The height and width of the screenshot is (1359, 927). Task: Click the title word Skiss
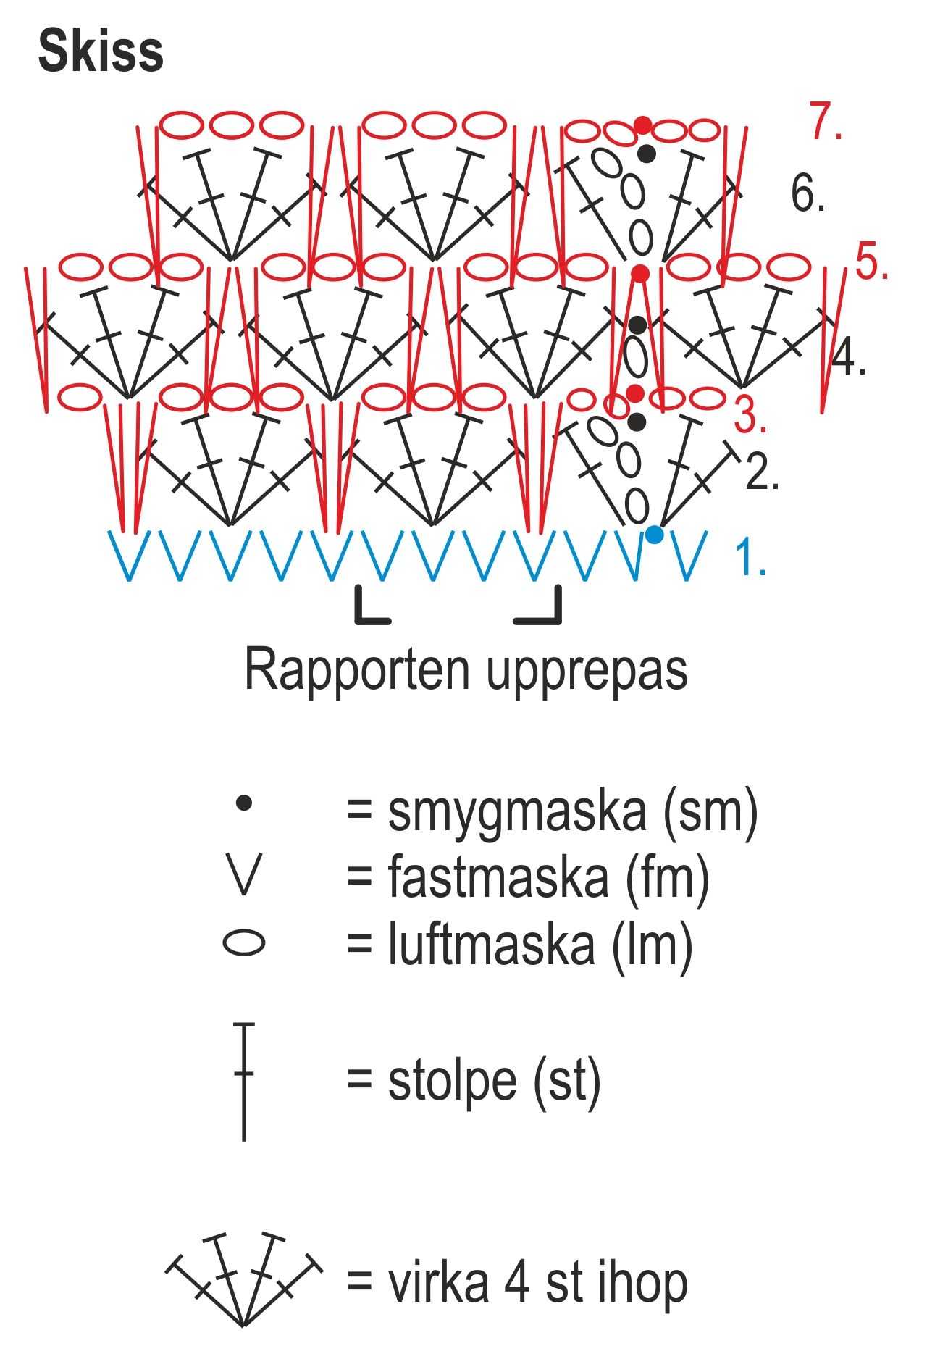pyautogui.click(x=101, y=52)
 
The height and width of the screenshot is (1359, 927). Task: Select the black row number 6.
pyautogui.click(x=807, y=193)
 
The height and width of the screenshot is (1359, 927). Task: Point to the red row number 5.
pyautogui.click(x=871, y=262)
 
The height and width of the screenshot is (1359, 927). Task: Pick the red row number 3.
pyautogui.click(x=750, y=415)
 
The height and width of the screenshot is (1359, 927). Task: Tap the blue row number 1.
pyautogui.click(x=750, y=558)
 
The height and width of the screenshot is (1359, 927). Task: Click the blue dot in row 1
pyautogui.click(x=654, y=535)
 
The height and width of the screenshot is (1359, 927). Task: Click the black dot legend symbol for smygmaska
pyautogui.click(x=244, y=803)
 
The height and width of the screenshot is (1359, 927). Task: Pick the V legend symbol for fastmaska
pyautogui.click(x=243, y=875)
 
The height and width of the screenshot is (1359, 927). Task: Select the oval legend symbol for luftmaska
pyautogui.click(x=243, y=943)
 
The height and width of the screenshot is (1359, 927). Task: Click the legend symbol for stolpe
pyautogui.click(x=244, y=1082)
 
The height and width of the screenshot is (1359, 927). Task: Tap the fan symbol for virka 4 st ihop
pyautogui.click(x=244, y=1279)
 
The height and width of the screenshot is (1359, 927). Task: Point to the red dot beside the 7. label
pyautogui.click(x=642, y=125)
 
